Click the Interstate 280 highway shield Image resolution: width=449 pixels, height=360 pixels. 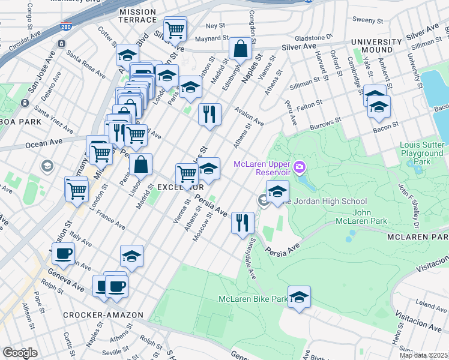pyautogui.click(x=65, y=27)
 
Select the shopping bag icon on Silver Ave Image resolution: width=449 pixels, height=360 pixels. pyautogui.click(x=240, y=50)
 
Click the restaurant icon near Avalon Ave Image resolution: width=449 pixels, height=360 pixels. pyautogui.click(x=209, y=114)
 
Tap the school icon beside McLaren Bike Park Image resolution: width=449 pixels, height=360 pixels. pyautogui.click(x=299, y=297)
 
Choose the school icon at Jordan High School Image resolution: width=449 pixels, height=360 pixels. pyautogui.click(x=277, y=192)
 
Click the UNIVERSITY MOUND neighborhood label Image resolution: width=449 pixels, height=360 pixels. pyautogui.click(x=377, y=47)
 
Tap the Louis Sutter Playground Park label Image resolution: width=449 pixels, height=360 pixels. pyautogui.click(x=423, y=154)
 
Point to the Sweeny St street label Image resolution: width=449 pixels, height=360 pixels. pyautogui.click(x=364, y=20)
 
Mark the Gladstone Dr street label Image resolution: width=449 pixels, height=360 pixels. pyautogui.click(x=313, y=37)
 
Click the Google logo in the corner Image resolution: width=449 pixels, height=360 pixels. pyautogui.click(x=20, y=353)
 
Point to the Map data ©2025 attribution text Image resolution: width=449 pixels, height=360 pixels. pyautogui.click(x=423, y=355)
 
